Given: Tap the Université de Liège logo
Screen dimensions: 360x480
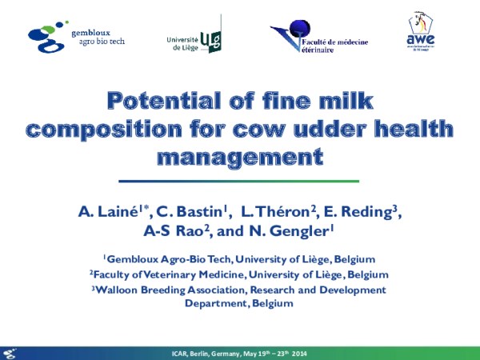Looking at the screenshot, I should click(x=194, y=37).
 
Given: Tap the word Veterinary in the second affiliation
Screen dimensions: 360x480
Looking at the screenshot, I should click(x=180, y=274).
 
